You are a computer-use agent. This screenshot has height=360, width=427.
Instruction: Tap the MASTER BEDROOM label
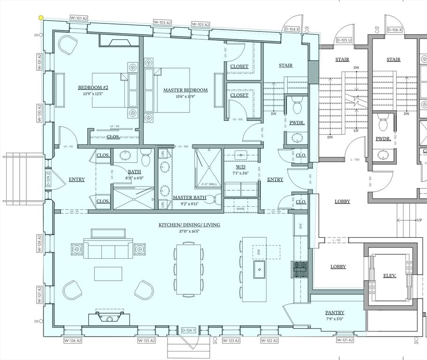coord(185,90)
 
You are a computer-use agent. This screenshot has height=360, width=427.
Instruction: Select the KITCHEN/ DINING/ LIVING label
coord(189,225)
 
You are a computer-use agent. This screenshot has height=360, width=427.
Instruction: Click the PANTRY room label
coord(335,313)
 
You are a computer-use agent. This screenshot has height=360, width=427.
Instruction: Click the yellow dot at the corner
coord(41,18)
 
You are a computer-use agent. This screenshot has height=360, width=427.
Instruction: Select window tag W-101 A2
coord(79,18)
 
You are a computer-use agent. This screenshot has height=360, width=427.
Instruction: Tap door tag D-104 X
coord(292,29)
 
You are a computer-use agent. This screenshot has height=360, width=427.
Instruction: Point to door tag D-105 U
coord(343,40)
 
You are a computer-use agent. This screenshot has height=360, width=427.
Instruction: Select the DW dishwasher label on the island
coord(259,252)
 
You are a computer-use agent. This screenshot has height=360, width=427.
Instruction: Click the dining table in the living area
coord(189,268)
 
